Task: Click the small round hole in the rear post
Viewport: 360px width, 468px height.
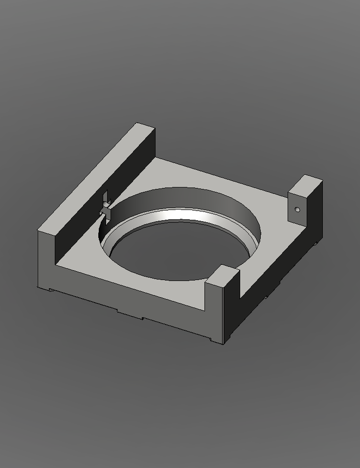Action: point(297,210)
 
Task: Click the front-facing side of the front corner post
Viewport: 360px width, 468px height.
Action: point(214,313)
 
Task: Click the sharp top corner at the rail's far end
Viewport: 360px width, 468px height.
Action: point(138,123)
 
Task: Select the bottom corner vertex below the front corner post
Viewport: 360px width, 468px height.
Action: point(224,344)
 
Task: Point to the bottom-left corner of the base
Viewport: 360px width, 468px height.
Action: point(38,287)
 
